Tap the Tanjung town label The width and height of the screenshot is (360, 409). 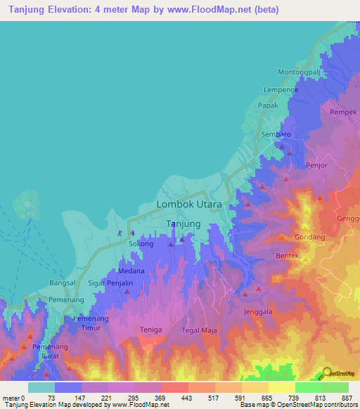click(x=183, y=224)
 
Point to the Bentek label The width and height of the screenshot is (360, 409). click(x=288, y=254)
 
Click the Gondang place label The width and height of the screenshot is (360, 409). click(x=309, y=237)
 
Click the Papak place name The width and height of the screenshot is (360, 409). click(x=269, y=105)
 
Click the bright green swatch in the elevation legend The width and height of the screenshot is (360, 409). click(x=308, y=387)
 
